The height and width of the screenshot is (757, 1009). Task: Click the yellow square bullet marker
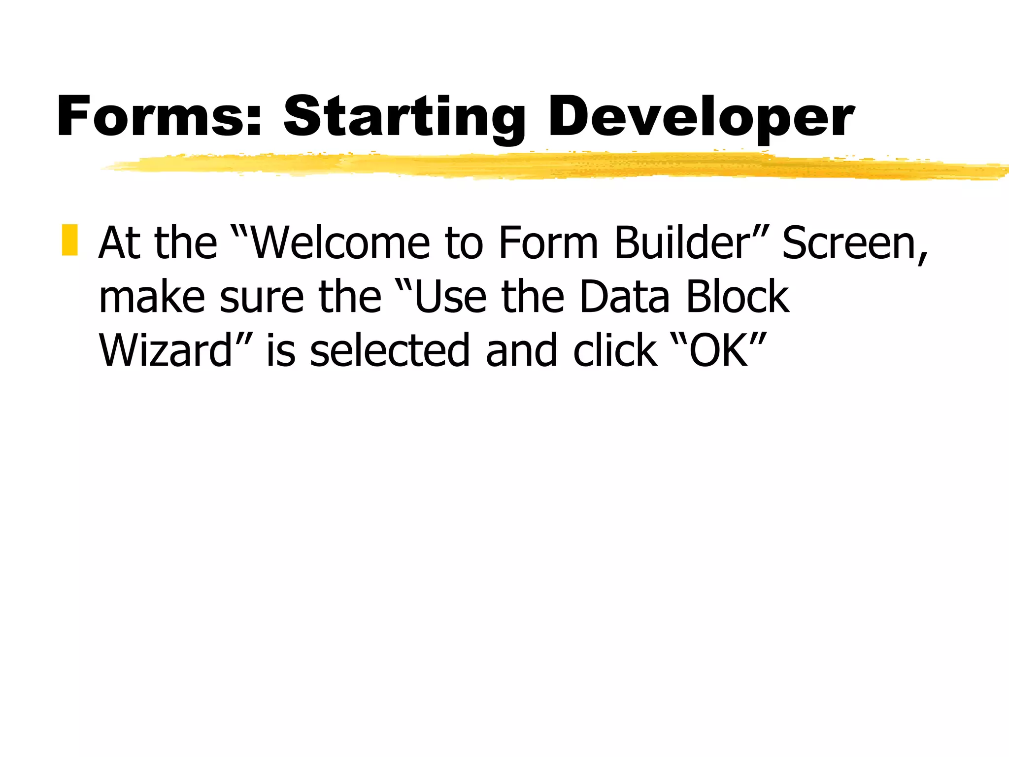pos(70,240)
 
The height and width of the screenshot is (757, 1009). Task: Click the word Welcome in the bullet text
pos(340,243)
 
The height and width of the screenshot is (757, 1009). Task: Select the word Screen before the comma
pos(850,243)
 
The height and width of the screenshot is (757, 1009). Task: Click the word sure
pos(262,298)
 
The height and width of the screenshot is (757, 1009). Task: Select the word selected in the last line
pos(390,351)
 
